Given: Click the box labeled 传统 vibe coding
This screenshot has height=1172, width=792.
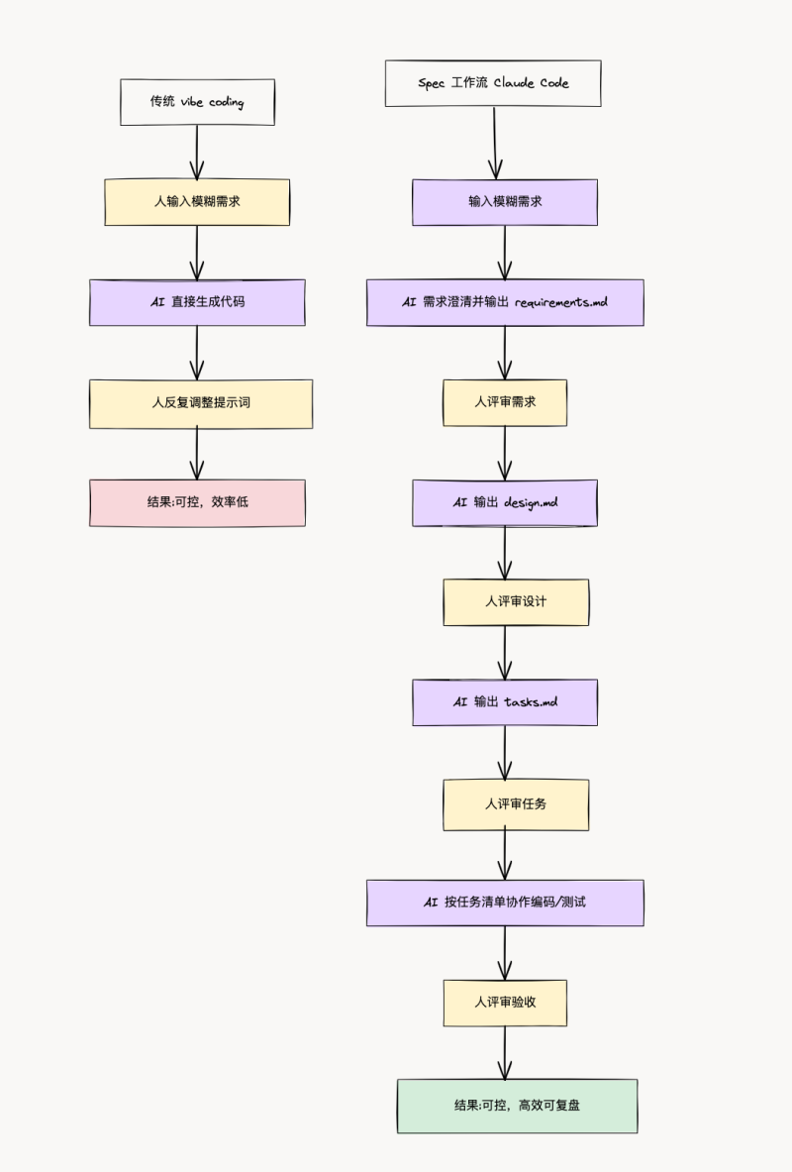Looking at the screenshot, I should click(197, 102).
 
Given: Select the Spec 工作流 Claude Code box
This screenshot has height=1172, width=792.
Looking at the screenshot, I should click(493, 83).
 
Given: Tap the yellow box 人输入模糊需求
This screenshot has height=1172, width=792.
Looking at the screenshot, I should click(197, 202).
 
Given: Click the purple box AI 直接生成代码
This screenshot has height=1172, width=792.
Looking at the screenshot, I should click(197, 302).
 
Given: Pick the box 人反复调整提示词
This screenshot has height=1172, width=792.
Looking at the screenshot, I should click(201, 403).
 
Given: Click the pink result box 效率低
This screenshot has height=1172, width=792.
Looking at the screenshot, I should click(197, 502).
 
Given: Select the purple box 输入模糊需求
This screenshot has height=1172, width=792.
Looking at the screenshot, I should click(505, 202).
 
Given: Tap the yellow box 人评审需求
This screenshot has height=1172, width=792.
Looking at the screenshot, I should click(505, 403).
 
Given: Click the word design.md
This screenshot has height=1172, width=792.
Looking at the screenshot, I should click(531, 503).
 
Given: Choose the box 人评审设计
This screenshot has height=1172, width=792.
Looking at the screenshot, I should click(516, 602).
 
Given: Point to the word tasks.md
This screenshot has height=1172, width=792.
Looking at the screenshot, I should click(531, 702).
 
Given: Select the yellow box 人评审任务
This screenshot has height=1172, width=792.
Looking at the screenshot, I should click(516, 803).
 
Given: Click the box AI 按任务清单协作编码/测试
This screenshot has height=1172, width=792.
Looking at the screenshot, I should click(505, 903).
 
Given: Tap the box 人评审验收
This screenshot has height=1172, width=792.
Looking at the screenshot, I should click(505, 1003).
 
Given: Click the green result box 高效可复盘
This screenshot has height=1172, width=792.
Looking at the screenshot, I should click(517, 1106).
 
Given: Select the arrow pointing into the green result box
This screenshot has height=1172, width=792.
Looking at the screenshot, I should click(505, 1052).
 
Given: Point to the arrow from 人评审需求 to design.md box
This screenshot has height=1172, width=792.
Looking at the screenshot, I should click(505, 453).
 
